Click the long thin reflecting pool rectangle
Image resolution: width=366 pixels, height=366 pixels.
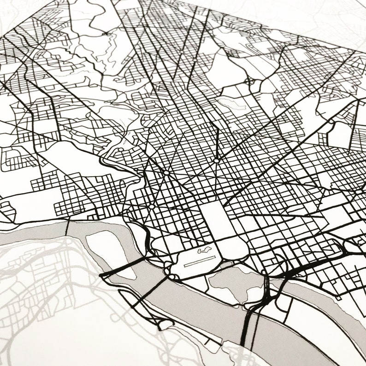pos(200,261)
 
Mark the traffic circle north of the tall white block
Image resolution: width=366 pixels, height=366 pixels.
pos(216,161)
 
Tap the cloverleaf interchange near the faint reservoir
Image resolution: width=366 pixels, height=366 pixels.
pos(251,83)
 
